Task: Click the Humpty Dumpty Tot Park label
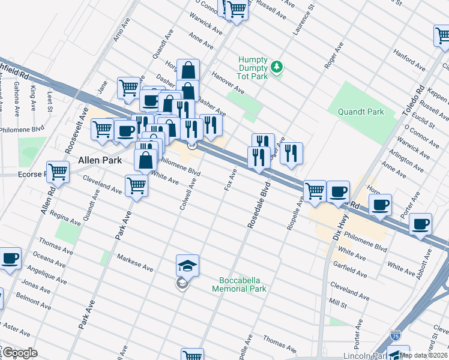[255, 67]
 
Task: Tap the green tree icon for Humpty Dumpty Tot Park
[277, 67]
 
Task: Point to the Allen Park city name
[100, 161]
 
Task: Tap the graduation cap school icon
[187, 265]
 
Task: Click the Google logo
[19, 353]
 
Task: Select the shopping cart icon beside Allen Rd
[58, 172]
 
